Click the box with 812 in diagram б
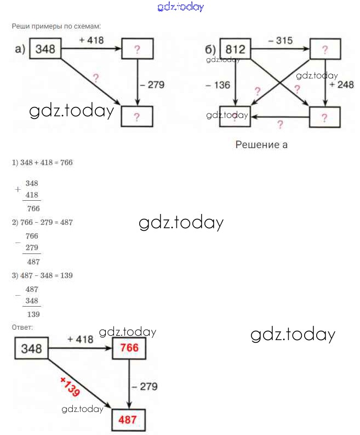click(x=236, y=49)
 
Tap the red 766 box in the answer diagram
click(x=129, y=348)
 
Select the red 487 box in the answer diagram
click(x=129, y=421)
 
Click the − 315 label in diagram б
click(x=280, y=41)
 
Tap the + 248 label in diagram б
click(x=341, y=85)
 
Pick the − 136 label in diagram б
click(x=218, y=85)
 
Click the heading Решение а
click(x=261, y=145)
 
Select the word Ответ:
click(x=22, y=327)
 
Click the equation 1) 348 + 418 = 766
click(x=42, y=163)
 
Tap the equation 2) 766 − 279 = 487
click(x=42, y=222)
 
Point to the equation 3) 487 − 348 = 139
click(x=42, y=275)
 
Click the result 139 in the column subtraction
click(x=33, y=314)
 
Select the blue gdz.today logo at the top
click(x=180, y=7)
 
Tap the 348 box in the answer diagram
click(x=31, y=348)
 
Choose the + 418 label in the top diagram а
click(x=91, y=40)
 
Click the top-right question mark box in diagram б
click(x=325, y=50)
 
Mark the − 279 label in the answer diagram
click(x=145, y=387)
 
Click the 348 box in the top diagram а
click(x=45, y=49)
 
